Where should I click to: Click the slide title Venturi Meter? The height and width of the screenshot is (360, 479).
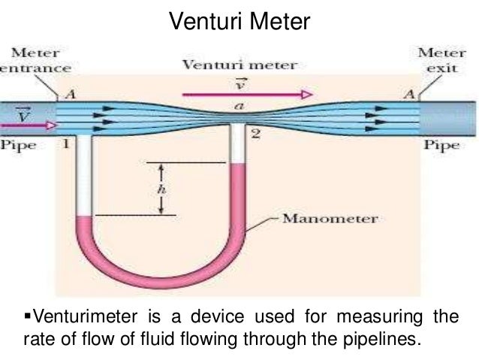point(239,21)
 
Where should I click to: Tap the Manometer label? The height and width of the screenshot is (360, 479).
point(330,219)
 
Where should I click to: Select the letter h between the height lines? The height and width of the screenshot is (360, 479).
point(161,189)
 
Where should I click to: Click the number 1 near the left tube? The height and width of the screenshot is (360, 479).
point(65,144)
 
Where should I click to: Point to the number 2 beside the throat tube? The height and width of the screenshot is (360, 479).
point(256,134)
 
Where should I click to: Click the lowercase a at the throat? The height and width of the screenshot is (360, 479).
point(239,106)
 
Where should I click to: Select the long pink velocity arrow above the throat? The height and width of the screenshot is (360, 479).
point(248,95)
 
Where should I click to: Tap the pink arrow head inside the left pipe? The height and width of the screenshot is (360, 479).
point(52,125)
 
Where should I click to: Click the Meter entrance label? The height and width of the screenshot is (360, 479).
point(35,60)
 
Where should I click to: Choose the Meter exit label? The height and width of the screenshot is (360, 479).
point(441,60)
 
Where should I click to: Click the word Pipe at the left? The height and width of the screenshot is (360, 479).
point(18,144)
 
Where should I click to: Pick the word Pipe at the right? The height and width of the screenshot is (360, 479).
point(441,144)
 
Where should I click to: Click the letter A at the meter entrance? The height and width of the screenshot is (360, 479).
point(71,94)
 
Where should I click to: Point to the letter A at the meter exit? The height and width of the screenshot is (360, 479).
point(409,94)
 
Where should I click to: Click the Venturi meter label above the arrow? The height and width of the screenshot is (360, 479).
point(239,65)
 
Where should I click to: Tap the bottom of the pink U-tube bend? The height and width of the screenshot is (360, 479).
point(161,283)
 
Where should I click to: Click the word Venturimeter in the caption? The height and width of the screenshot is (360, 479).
point(85,316)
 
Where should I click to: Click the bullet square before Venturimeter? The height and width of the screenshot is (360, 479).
point(28,314)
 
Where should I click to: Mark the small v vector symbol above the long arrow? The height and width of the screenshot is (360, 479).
point(240,84)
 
